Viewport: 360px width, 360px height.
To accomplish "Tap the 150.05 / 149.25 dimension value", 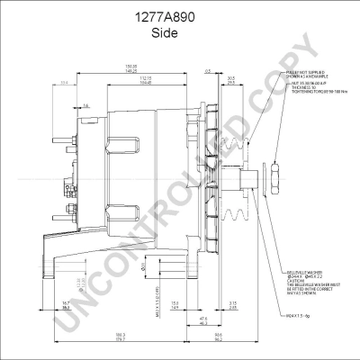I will [x=131, y=68].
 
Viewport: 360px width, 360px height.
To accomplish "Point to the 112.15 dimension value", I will [x=145, y=79].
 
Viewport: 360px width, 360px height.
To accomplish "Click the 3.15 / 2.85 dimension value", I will [x=233, y=305].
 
